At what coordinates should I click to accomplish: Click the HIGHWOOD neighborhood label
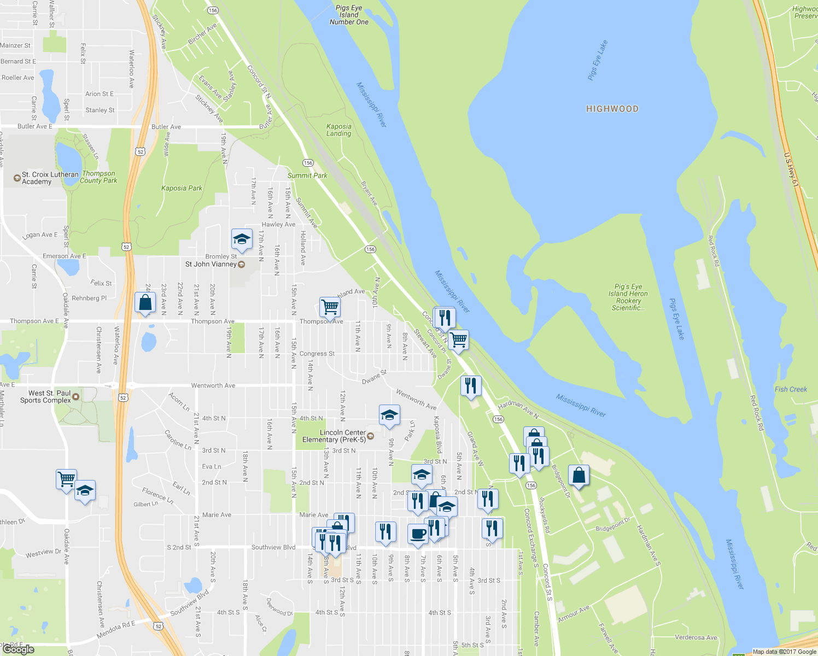(612, 109)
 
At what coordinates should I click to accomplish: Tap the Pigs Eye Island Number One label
(349, 15)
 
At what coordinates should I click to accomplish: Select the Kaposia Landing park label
(339, 130)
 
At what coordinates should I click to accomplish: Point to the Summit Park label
(307, 175)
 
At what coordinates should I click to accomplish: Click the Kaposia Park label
(182, 188)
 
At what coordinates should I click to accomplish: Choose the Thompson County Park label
(98, 177)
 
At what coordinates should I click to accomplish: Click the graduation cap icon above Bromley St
(242, 239)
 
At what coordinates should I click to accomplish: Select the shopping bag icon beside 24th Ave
(145, 303)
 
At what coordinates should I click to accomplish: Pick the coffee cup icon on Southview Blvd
(418, 534)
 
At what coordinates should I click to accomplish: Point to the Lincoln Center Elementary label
(335, 436)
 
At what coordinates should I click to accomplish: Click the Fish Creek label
(791, 389)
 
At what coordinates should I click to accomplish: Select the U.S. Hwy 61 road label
(791, 170)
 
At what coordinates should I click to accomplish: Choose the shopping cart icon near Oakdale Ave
(66, 479)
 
